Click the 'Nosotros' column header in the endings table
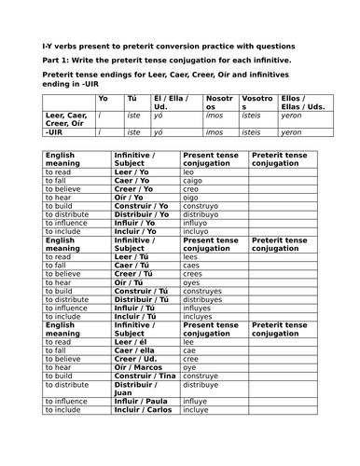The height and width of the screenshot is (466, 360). [220, 102]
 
